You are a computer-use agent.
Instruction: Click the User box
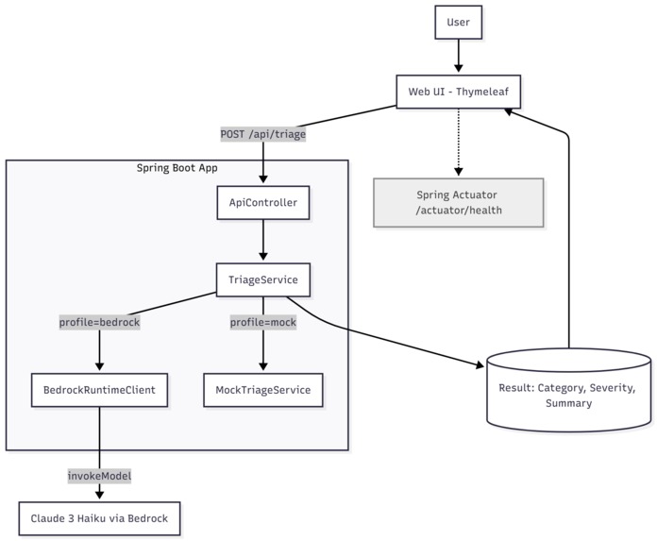click(458, 21)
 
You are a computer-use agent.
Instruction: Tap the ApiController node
click(262, 202)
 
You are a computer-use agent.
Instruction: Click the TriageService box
click(262, 280)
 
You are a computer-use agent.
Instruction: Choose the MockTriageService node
click(262, 388)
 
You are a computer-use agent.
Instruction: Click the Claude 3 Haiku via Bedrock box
click(99, 518)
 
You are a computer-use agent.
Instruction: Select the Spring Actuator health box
click(459, 202)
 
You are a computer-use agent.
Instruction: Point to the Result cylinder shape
click(568, 391)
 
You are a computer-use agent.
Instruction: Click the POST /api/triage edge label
click(262, 134)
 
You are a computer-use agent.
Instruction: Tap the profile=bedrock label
click(99, 323)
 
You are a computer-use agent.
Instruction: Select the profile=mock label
click(262, 323)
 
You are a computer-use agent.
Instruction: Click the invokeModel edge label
click(99, 476)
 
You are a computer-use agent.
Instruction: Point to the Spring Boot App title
click(177, 168)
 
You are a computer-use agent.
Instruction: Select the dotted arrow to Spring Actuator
click(458, 142)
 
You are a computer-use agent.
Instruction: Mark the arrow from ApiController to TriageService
click(262, 242)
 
